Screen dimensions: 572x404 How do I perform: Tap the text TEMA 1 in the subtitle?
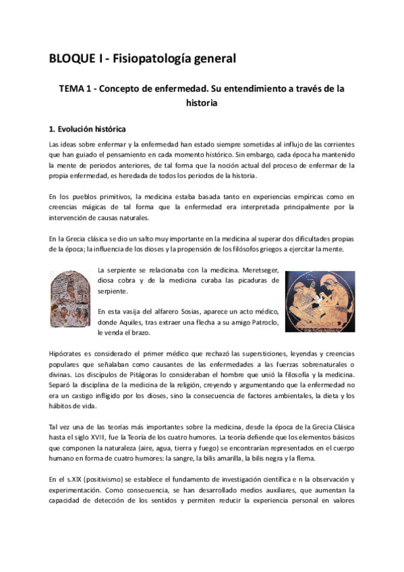[x=71, y=88]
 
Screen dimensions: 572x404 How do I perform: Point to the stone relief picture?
[x=69, y=299]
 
